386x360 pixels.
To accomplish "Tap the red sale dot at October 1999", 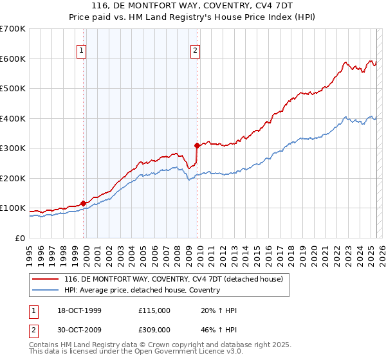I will [84, 203].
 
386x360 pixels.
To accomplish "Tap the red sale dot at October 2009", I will [198, 145].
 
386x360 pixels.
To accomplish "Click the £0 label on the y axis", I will [21, 238].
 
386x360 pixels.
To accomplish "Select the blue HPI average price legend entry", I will [142, 290].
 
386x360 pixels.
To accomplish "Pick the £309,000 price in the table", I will [154, 329].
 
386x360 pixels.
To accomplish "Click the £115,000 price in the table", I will [154, 310].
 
